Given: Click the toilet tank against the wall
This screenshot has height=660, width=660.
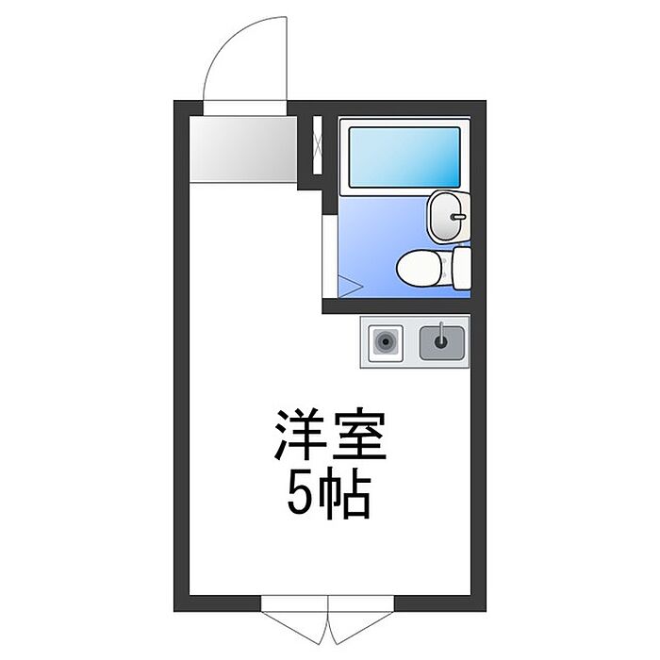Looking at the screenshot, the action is click(x=461, y=269).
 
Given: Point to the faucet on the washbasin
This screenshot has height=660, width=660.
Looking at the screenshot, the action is click(x=456, y=217).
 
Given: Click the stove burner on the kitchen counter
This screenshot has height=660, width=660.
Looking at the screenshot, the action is click(x=386, y=341).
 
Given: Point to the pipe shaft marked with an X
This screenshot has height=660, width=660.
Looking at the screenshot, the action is click(x=318, y=146).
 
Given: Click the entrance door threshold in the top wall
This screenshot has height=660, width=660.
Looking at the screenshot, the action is click(x=243, y=107).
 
